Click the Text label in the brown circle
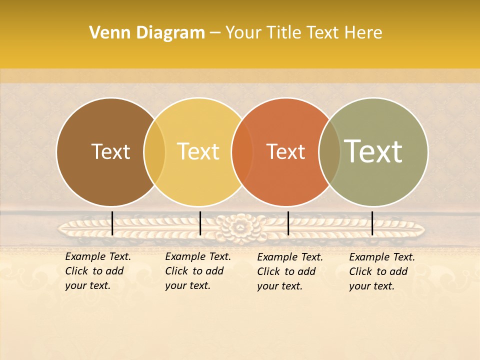tap(111, 151)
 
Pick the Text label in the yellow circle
tap(198, 151)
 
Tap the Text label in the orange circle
tap(285, 151)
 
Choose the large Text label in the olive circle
tap(373, 151)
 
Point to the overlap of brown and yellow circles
tap(154, 151)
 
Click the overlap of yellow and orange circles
tap(242, 151)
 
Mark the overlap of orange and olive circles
tap(329, 151)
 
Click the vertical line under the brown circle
tap(112, 223)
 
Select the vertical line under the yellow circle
tap(200, 223)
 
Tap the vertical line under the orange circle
tap(288, 223)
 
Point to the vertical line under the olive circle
tap(372, 223)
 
